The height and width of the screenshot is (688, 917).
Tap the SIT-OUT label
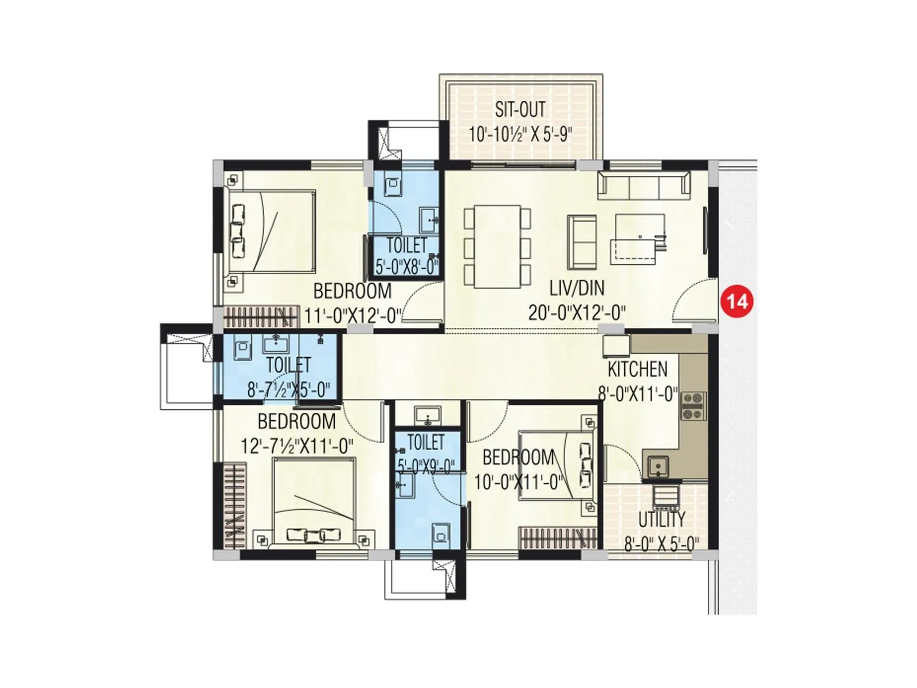[x=520, y=109]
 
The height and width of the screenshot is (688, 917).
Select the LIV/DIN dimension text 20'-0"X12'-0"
[x=577, y=312]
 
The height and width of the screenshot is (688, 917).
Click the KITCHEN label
[x=637, y=369]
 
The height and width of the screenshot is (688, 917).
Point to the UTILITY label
[x=661, y=519]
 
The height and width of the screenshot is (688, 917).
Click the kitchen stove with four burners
[x=692, y=405]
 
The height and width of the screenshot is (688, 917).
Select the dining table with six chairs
[x=497, y=247]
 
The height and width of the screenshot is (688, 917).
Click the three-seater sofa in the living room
[x=643, y=185]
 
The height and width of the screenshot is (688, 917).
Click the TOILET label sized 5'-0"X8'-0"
[x=406, y=245]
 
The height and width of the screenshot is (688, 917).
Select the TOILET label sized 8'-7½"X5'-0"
[x=288, y=365]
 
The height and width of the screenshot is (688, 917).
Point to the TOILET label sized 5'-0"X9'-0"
[x=426, y=442]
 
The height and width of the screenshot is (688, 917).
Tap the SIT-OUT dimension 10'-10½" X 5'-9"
[x=520, y=134]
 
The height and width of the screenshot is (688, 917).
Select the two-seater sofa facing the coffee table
[x=582, y=241]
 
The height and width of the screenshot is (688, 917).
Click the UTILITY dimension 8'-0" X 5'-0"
[x=661, y=544]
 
